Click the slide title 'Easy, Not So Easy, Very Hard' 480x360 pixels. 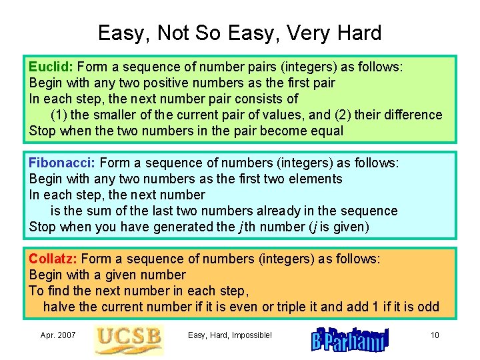click(239, 33)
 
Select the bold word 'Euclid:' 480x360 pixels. click(51, 67)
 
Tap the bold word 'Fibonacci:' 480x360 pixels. click(62, 163)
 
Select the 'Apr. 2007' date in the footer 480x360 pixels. click(58, 335)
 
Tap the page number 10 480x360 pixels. click(435, 335)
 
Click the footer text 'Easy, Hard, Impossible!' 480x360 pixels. click(230, 335)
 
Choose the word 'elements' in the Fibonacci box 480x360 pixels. click(315, 179)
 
